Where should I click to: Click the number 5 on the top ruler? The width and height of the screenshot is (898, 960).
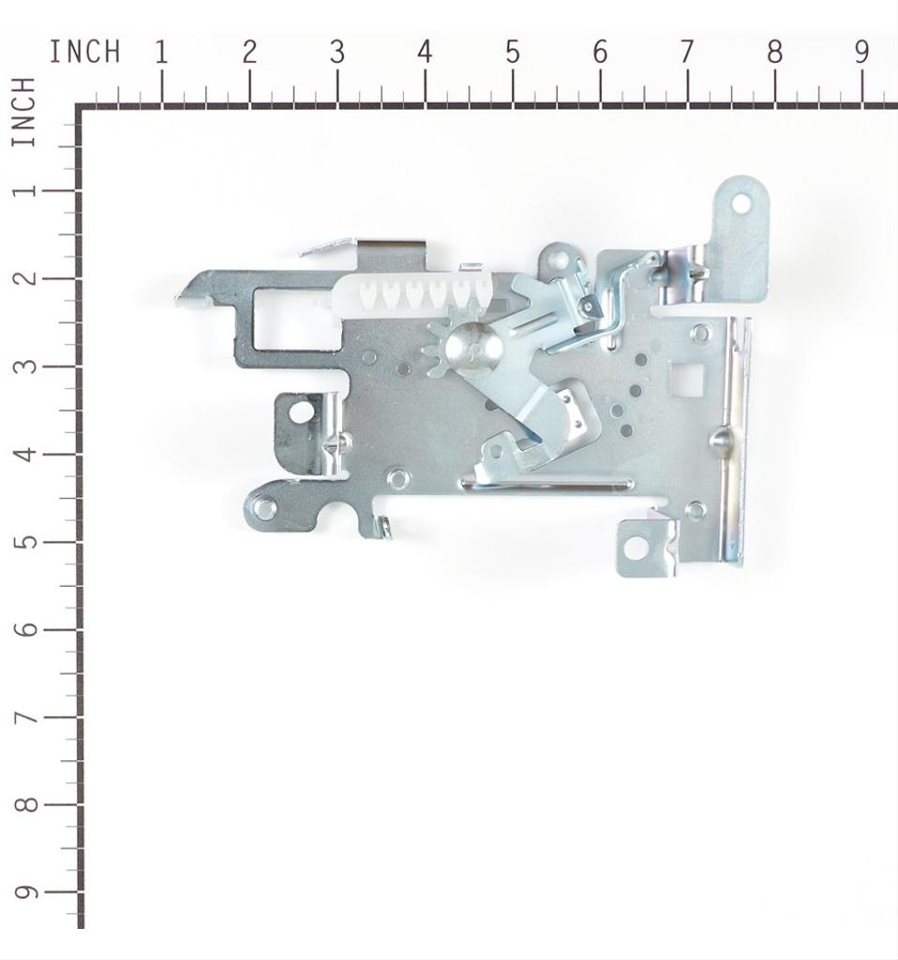click(513, 52)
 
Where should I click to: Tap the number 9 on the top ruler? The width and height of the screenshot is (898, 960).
click(861, 52)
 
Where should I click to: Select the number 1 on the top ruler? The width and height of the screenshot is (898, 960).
click(161, 52)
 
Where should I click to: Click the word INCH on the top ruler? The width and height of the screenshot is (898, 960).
click(84, 52)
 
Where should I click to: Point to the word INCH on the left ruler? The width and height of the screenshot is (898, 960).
click(24, 112)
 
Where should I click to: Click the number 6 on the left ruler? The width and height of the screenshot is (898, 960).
click(25, 629)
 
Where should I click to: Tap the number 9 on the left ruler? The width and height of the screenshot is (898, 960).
click(25, 892)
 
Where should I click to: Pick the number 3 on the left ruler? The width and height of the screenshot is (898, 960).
click(25, 367)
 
